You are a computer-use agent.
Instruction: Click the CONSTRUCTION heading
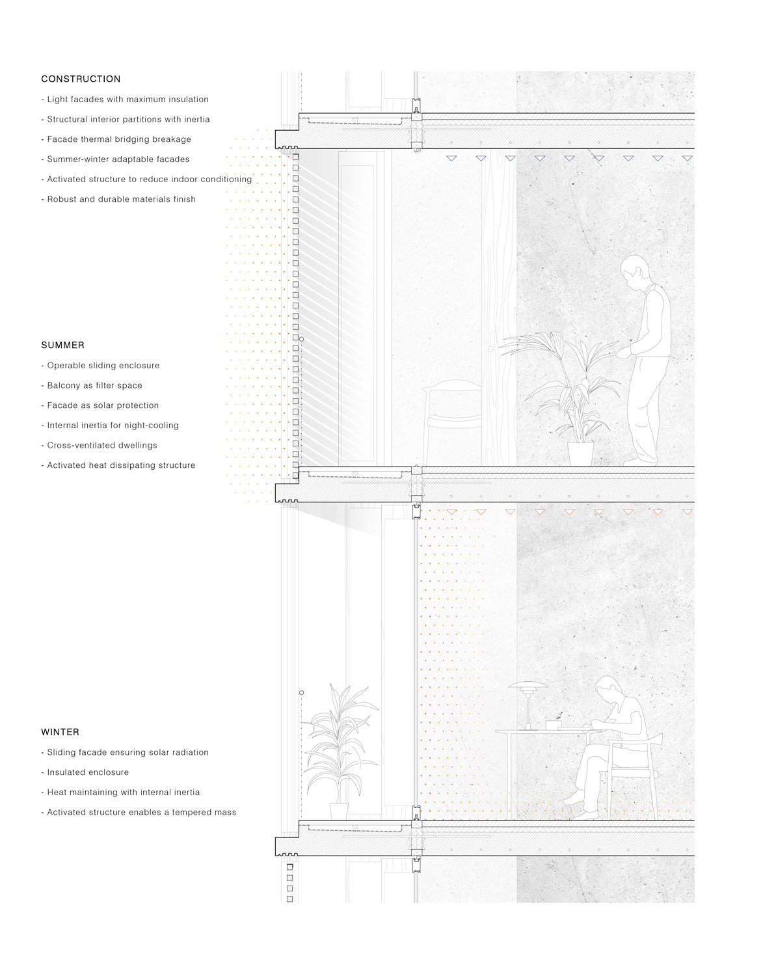tap(81, 79)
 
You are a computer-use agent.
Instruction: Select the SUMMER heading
tap(62, 345)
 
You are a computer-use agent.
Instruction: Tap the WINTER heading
tap(60, 732)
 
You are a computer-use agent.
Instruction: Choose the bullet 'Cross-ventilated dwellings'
tap(101, 445)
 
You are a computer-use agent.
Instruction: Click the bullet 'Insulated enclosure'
tap(87, 772)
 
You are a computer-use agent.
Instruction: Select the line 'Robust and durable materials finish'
tap(121, 199)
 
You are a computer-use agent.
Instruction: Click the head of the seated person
tap(609, 690)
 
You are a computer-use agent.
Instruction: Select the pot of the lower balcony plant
tap(339, 811)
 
